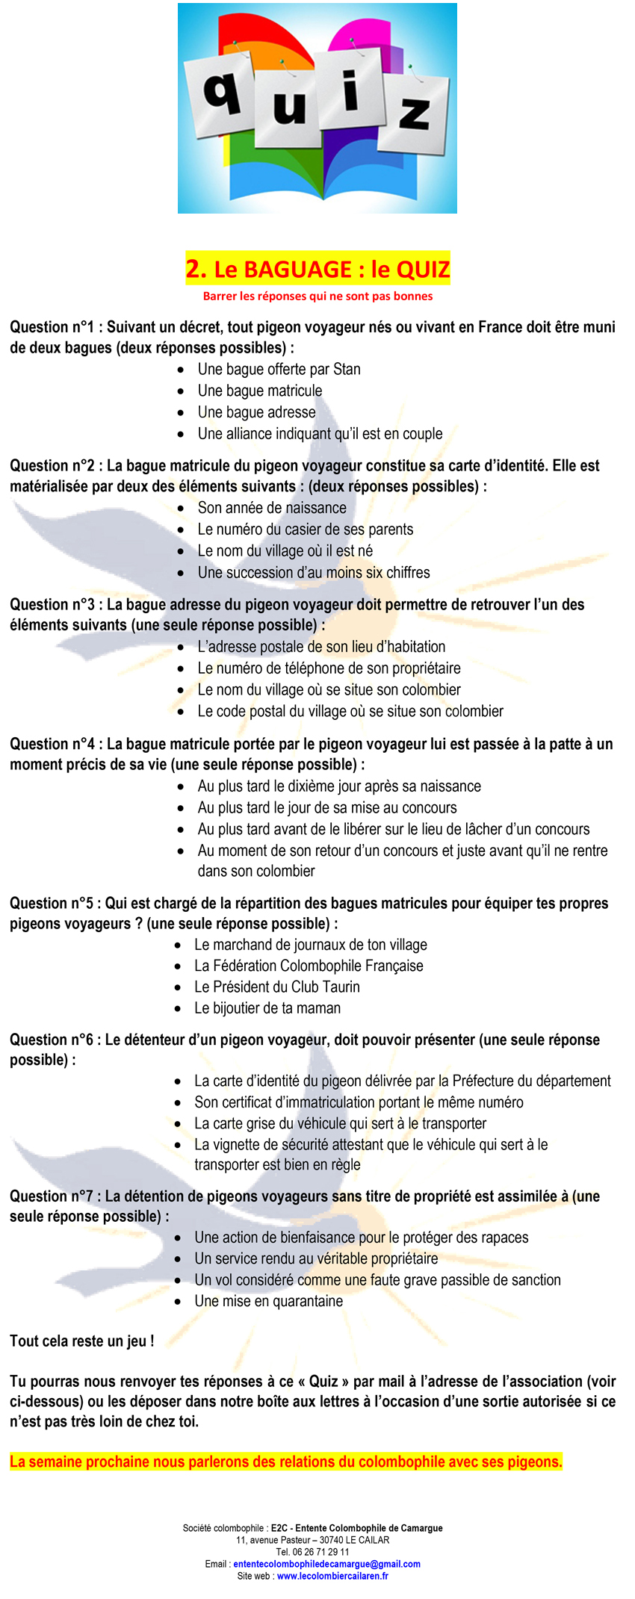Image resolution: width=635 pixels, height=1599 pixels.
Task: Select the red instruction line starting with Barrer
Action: [317, 296]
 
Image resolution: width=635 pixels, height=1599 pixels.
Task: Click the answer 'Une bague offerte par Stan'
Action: [279, 369]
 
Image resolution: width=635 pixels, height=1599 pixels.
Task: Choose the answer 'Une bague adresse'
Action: [256, 412]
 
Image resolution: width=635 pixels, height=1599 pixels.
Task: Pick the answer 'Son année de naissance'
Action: [272, 508]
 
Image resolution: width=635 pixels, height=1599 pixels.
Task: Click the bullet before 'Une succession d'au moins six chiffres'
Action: [181, 573]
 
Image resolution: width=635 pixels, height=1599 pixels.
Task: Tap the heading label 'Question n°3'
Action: [52, 604]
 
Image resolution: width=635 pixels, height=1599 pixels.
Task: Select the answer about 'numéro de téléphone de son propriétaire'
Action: [329, 668]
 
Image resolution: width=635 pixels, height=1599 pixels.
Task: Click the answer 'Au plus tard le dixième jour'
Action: [339, 786]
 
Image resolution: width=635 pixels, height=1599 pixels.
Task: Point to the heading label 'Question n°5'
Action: [52, 903]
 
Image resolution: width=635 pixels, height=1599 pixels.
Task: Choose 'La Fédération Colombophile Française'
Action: [309, 966]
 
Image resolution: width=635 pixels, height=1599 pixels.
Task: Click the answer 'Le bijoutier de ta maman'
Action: [267, 1008]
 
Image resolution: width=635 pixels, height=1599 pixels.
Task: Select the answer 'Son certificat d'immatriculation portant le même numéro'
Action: [359, 1102]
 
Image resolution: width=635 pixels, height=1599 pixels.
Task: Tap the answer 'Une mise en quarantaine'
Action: [269, 1301]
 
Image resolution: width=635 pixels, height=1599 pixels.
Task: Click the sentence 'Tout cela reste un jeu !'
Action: [82, 1341]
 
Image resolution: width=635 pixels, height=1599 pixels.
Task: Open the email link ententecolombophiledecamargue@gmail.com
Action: [326, 1564]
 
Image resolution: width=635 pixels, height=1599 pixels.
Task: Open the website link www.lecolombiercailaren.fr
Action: [332, 1576]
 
